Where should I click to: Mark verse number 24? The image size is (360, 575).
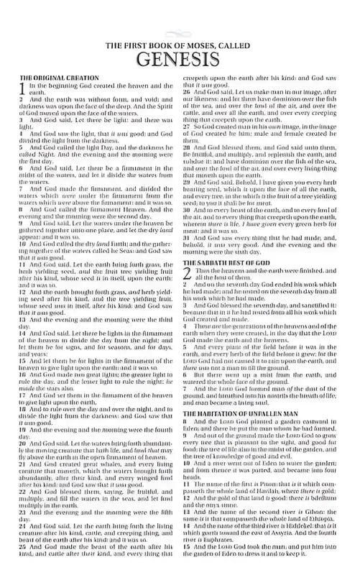pos(23,527)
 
